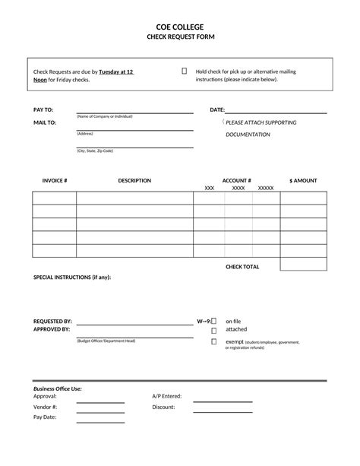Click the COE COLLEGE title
(179, 27)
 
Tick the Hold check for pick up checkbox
(185, 71)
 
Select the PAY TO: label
(43, 110)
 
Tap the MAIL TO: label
(45, 122)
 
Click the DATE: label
(217, 110)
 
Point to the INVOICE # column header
(55, 181)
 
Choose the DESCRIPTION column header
(134, 181)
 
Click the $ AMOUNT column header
(303, 181)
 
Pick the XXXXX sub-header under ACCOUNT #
(266, 188)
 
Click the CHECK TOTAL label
(242, 267)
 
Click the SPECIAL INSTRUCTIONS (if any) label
(72, 277)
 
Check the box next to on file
(214, 322)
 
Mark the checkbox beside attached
(214, 331)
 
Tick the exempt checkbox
(214, 342)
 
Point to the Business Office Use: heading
(58, 388)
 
